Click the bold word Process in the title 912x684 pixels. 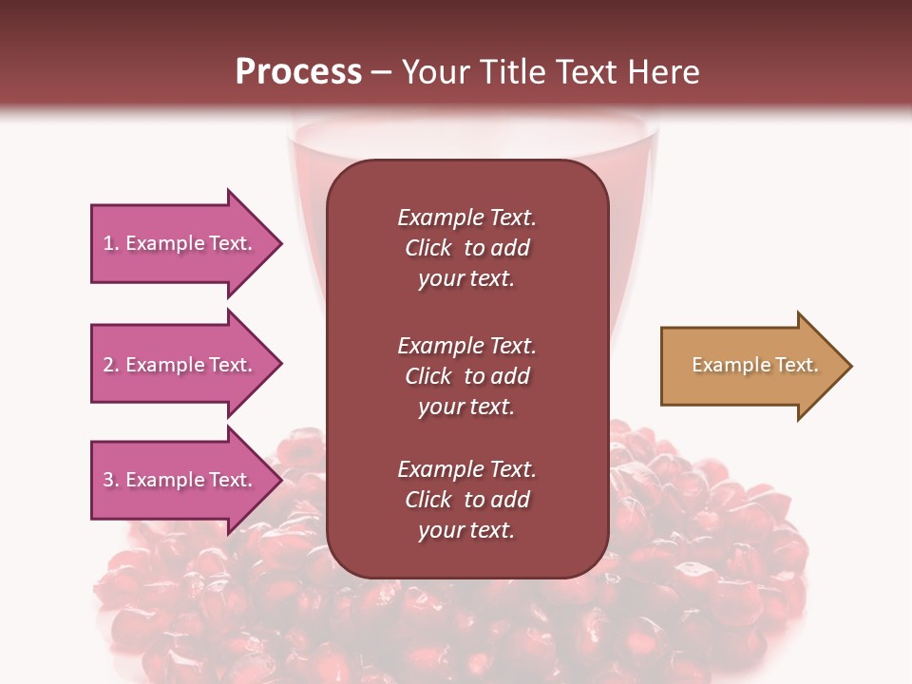(298, 72)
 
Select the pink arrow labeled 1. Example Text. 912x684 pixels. (180, 243)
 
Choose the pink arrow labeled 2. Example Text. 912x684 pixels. (180, 365)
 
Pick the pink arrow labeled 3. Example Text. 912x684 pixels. (180, 480)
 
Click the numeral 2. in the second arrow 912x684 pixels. (111, 365)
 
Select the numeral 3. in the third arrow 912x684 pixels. (111, 480)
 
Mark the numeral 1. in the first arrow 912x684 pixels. (111, 243)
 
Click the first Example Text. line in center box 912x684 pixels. (466, 218)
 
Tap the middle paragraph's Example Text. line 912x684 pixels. (466, 346)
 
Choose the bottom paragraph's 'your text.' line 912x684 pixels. (466, 530)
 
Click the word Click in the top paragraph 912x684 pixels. (427, 248)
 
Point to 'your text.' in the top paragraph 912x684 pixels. (466, 278)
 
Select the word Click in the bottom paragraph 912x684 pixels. (427, 500)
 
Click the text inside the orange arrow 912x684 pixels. (754, 365)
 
